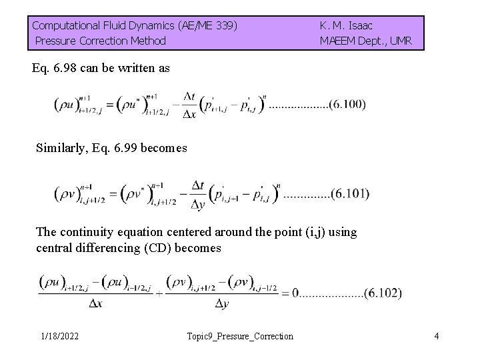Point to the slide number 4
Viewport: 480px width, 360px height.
436,336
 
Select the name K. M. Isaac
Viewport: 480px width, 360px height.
346,26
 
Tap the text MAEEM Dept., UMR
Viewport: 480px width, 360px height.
365,41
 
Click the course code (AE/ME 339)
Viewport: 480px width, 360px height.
207,26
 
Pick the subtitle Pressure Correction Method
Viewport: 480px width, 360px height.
100,41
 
